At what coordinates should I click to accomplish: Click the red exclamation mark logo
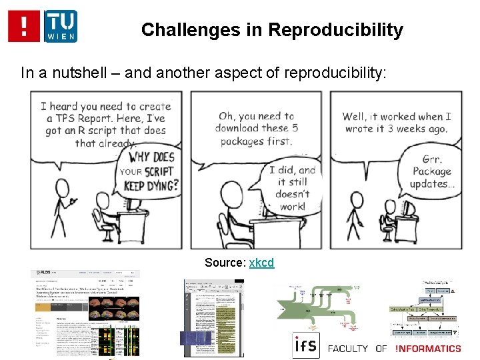[x=24, y=26]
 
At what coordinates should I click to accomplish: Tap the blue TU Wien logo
[x=61, y=26]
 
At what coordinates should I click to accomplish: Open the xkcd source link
[x=261, y=263]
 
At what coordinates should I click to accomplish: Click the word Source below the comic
[x=225, y=263]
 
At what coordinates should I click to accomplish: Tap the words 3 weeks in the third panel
[x=411, y=129]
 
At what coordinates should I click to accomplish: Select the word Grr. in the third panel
[x=432, y=159]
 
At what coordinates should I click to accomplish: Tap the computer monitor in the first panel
[x=137, y=204]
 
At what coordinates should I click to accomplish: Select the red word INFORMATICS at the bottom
[x=427, y=348]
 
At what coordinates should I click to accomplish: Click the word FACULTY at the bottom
[x=348, y=348]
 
